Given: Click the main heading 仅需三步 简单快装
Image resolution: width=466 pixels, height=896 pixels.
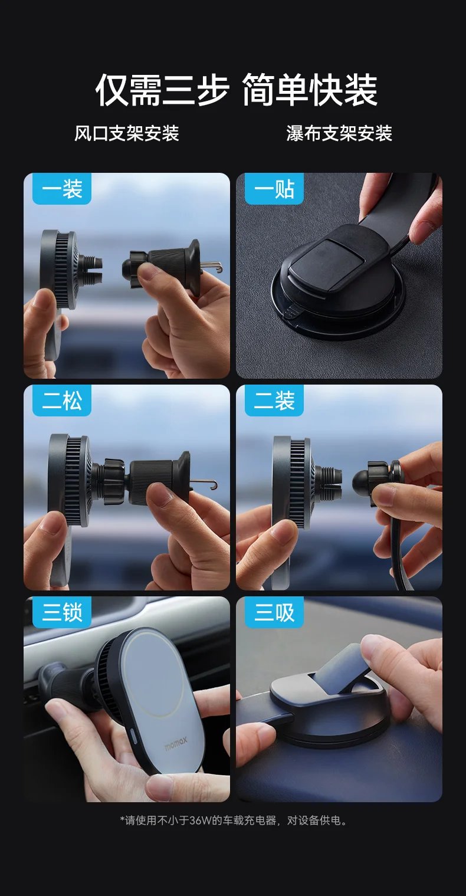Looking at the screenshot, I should coord(236,90).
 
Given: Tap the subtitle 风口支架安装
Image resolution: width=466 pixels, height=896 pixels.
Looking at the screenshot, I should coord(126,133).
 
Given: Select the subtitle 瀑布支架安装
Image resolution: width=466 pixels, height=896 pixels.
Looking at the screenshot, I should coord(339,133).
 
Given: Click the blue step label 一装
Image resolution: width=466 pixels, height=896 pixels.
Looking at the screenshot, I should coord(61,189).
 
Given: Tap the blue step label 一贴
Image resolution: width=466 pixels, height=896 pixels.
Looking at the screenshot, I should coord(274,189).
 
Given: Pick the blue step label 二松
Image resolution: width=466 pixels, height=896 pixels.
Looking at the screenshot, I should coord(61,401).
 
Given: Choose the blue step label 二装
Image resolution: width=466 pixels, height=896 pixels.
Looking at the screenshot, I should coord(274,401).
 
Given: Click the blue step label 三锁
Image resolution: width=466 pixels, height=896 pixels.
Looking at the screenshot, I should coord(61,613).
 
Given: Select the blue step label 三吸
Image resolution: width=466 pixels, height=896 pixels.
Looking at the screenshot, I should coord(274,613).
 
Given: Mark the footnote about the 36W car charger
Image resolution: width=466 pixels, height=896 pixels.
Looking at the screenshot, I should coord(234,820).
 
